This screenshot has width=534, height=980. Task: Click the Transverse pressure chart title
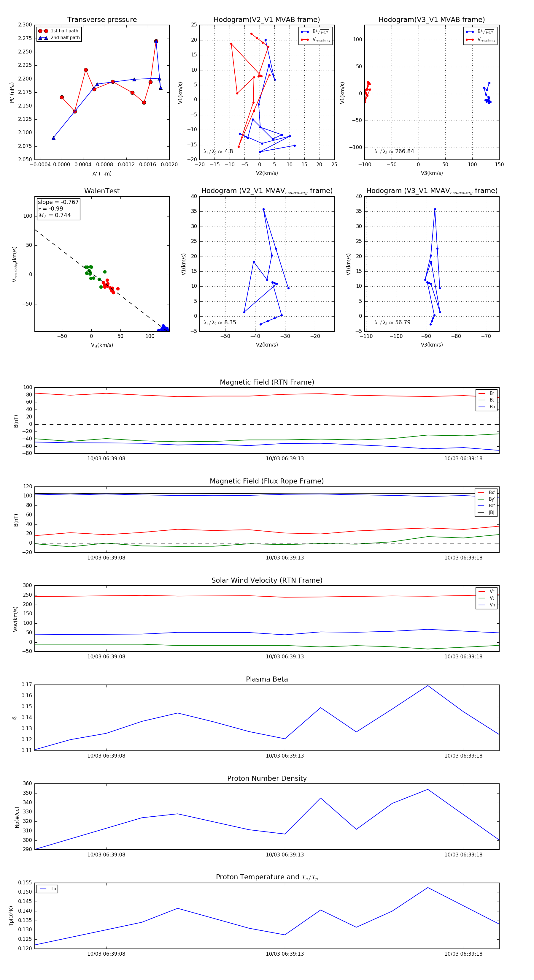[x=102, y=20]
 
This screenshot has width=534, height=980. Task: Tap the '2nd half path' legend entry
[x=65, y=38]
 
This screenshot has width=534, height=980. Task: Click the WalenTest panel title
[x=102, y=191]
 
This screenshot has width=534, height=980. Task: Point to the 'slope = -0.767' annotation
[x=58, y=202]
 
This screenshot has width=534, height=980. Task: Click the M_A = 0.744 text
[x=54, y=215]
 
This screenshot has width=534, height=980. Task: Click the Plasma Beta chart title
[x=267, y=679]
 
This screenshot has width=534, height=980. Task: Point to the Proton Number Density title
[x=267, y=778]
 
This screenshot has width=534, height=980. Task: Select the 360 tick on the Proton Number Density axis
[x=27, y=784]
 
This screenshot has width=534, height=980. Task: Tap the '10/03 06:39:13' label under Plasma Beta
[x=285, y=755]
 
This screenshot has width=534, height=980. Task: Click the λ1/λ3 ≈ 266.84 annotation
[x=394, y=151]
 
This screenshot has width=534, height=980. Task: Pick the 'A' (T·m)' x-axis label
[x=102, y=173]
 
